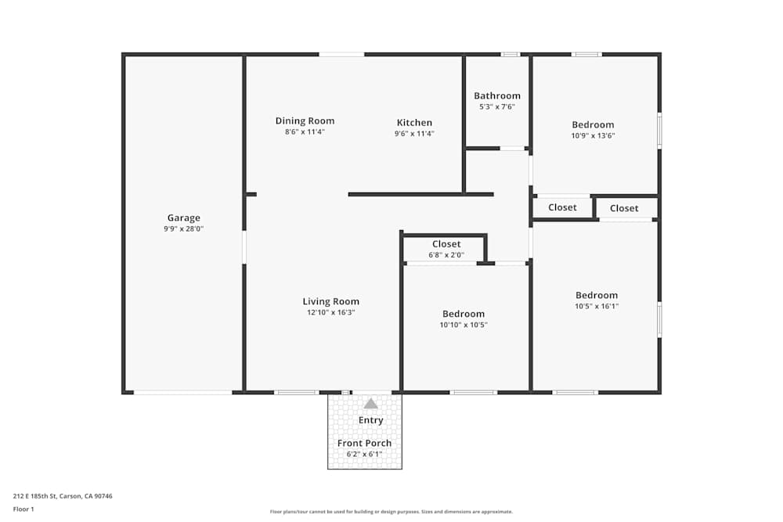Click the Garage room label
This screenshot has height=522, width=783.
(x=183, y=218)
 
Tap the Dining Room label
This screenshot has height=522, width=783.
(x=305, y=121)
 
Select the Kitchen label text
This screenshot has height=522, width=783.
(x=414, y=122)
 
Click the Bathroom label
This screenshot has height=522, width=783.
(x=496, y=95)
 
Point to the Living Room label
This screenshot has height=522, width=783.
(x=330, y=301)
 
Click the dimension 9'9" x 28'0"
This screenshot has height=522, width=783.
(x=183, y=229)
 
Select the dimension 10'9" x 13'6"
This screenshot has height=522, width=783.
(x=593, y=135)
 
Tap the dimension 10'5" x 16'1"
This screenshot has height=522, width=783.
(x=597, y=307)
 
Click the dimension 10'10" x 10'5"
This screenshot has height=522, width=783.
(x=464, y=325)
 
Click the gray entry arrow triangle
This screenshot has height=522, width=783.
(x=370, y=404)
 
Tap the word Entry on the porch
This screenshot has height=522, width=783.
(x=370, y=420)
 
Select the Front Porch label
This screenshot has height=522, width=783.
(x=364, y=443)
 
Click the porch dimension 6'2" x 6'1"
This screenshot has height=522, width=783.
(x=364, y=454)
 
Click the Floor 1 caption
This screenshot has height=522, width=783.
(x=23, y=509)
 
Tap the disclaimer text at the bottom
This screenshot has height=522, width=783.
(x=391, y=512)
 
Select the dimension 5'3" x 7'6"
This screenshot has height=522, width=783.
(x=496, y=107)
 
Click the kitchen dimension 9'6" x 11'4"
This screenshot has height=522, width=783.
(x=414, y=134)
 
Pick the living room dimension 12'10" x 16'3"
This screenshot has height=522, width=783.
(x=330, y=313)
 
